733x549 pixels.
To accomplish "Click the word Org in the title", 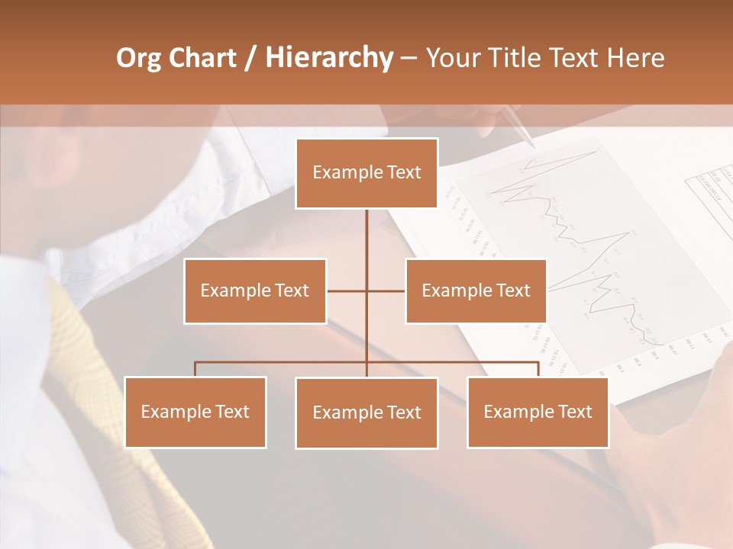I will pos(139,58).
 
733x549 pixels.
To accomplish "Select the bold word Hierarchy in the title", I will pos(328,58).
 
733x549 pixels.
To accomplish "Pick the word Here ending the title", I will pos(635,58).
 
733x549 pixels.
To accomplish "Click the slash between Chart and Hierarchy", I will pos(250,59).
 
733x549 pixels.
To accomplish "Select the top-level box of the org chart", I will pos(366,173).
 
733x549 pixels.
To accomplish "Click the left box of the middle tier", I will pos(255,291).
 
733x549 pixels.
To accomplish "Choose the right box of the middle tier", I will pos(476,291).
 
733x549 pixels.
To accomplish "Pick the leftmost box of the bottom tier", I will pos(195,412).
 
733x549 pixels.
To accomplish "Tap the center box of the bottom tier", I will pos(366,413).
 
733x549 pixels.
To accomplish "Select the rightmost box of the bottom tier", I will pos(538,412).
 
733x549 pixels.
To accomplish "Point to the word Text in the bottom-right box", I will pos(574,412).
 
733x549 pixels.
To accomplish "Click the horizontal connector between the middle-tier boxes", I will pos(366,291).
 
